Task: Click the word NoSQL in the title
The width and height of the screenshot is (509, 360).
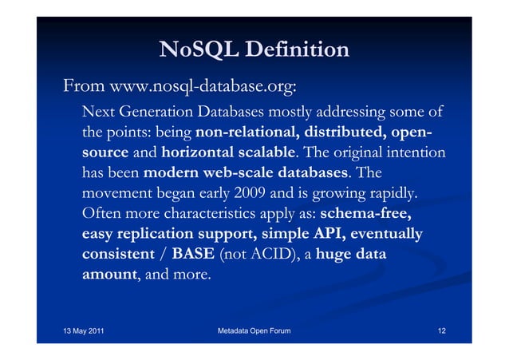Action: click(188, 50)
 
